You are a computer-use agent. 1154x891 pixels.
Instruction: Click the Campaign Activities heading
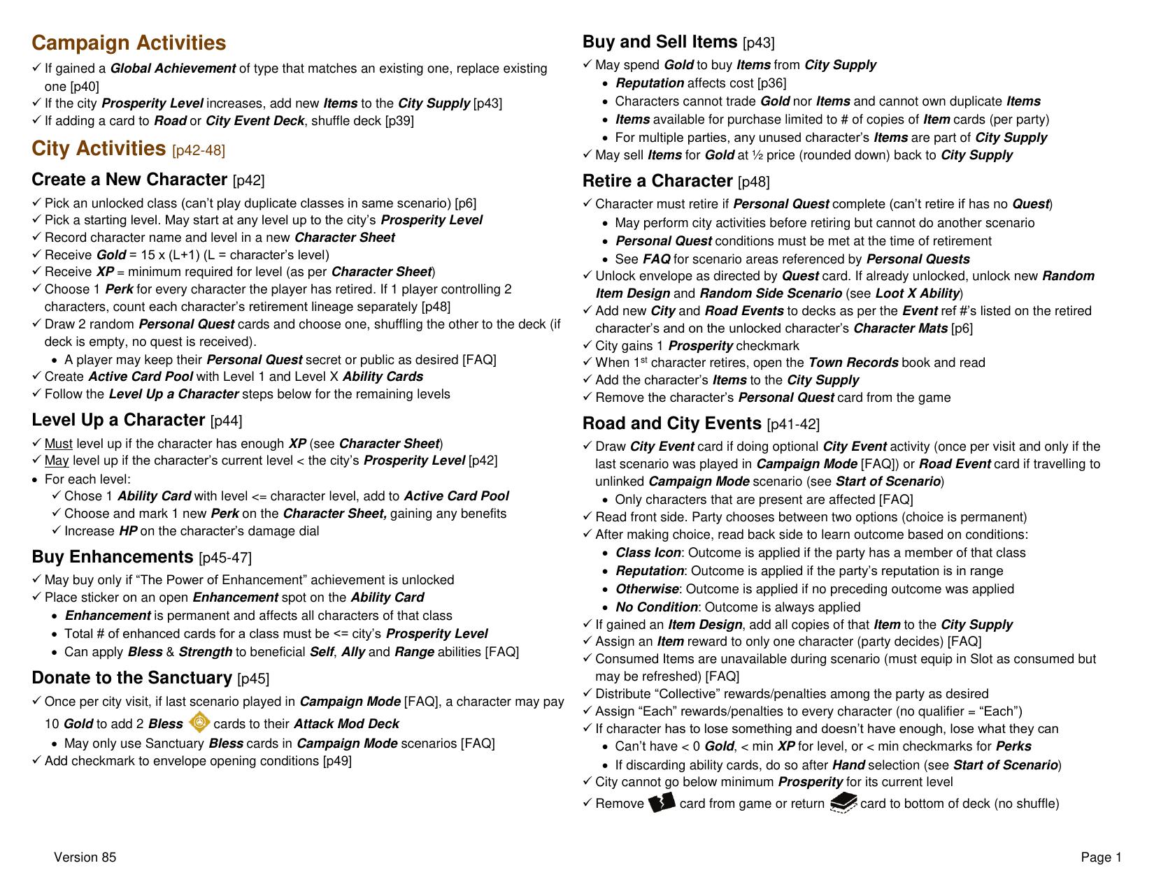[x=129, y=43]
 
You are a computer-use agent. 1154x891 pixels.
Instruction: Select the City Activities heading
[x=99, y=149]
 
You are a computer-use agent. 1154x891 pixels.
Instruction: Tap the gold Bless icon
[x=200, y=723]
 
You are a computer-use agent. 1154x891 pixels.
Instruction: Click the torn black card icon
[x=662, y=802]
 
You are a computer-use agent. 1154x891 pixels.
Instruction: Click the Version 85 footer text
[x=85, y=857]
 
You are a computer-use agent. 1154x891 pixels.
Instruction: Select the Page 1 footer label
[x=1101, y=857]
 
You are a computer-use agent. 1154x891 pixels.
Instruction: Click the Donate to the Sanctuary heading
[x=131, y=678]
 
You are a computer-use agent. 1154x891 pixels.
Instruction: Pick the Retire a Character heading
[x=657, y=182]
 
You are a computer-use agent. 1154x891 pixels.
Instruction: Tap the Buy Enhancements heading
[x=112, y=557]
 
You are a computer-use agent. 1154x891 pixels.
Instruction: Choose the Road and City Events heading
[x=671, y=424]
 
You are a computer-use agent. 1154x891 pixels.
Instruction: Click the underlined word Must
[x=59, y=444]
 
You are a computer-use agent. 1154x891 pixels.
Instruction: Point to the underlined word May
[x=57, y=461]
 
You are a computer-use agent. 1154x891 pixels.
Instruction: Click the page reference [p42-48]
[x=199, y=151]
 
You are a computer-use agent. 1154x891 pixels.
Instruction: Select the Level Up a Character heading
[x=118, y=420]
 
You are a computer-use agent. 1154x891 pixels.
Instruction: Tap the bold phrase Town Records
[x=853, y=363]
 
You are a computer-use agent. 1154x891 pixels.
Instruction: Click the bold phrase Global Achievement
[x=173, y=68]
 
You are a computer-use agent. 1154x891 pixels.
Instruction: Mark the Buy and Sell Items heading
[x=660, y=43]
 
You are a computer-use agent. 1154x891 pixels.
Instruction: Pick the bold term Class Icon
[x=648, y=553]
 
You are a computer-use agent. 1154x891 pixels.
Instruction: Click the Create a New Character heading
[x=129, y=180]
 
